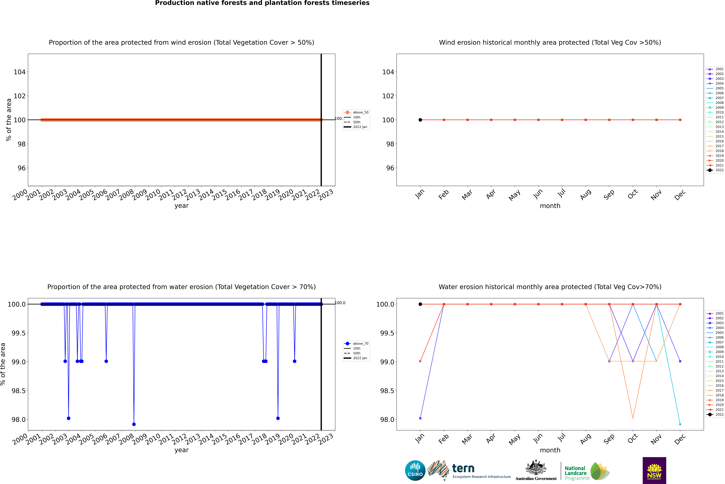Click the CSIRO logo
coord(415,470)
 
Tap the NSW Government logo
coord(654,470)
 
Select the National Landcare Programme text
coord(575,473)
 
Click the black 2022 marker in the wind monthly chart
coord(420,120)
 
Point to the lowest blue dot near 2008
coord(134,424)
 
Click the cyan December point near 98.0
coord(680,424)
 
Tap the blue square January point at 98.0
coord(420,418)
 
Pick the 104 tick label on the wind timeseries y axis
coord(19,72)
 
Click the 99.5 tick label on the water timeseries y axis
coord(19,333)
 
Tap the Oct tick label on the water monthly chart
coord(633,438)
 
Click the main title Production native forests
coord(262,3)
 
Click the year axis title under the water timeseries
coord(181,450)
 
